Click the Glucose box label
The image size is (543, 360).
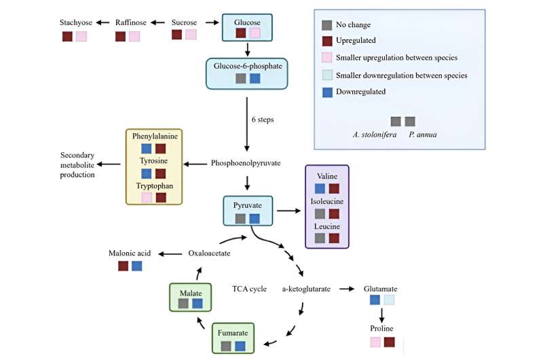[247, 22]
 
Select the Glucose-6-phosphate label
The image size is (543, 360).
[247, 66]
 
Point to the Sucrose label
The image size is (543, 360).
[185, 22]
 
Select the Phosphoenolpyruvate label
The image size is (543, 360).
[246, 164]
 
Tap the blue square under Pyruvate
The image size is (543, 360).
[255, 219]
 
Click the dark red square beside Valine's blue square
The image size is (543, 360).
[334, 188]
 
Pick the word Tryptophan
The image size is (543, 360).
[154, 185]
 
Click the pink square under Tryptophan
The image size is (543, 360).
[146, 198]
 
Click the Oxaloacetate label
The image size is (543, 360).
[210, 253]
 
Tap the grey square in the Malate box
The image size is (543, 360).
[183, 304]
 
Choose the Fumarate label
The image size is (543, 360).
[233, 334]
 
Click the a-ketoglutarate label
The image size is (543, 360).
[306, 289]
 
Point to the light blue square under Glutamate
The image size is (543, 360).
[388, 300]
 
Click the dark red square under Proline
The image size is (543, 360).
[389, 342]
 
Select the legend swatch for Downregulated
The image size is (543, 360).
[327, 92]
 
